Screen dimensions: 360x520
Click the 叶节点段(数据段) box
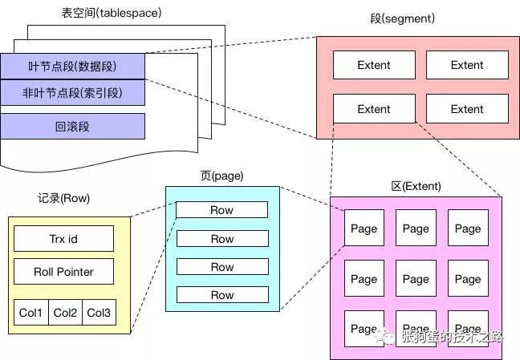(x=72, y=66)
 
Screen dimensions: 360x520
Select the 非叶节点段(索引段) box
(x=72, y=93)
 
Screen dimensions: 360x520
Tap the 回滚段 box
(x=72, y=126)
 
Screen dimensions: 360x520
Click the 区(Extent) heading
(x=416, y=186)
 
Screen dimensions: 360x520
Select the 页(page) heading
(x=221, y=176)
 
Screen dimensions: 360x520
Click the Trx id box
(x=63, y=238)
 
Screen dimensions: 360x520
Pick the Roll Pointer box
(x=63, y=272)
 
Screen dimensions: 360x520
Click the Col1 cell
(x=30, y=312)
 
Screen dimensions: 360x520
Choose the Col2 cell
(x=64, y=312)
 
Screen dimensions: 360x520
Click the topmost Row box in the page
(x=222, y=210)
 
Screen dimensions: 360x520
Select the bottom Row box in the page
(x=222, y=295)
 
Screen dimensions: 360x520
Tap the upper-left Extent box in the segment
(x=374, y=65)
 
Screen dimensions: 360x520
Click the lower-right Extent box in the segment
(x=467, y=109)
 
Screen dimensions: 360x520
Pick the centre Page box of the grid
(x=416, y=279)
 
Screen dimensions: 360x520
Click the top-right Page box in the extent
(x=468, y=229)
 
